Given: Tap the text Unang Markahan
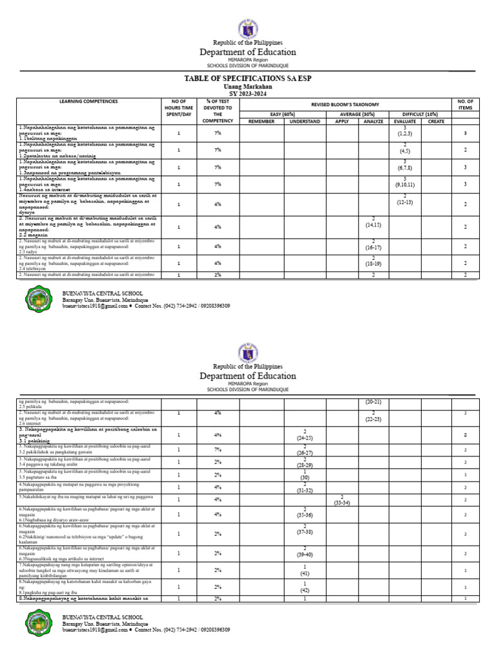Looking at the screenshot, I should click(248, 86).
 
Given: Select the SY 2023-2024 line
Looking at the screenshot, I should click(248, 93).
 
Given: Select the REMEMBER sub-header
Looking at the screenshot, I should click(262, 121).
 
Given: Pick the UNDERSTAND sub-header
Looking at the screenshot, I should click(305, 121).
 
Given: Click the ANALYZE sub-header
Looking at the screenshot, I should click(373, 121).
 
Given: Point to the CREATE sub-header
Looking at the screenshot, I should click(436, 121).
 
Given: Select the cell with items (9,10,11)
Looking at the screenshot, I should click(404, 184).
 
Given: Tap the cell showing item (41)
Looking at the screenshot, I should click(304, 573).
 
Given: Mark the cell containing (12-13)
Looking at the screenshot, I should click(404, 200).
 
